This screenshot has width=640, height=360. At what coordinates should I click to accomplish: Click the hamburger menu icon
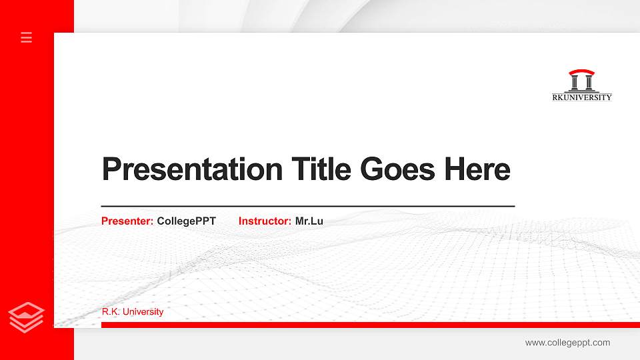(27, 37)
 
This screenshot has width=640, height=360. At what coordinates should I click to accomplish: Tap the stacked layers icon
(27, 317)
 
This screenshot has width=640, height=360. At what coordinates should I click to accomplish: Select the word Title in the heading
(321, 169)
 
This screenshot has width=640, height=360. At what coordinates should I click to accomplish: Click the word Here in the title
(477, 169)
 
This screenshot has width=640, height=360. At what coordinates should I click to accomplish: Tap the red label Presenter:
(127, 221)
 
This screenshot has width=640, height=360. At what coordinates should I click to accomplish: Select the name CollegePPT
(187, 221)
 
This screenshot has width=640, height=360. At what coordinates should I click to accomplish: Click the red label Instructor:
(265, 221)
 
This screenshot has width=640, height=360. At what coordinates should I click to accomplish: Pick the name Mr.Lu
(309, 221)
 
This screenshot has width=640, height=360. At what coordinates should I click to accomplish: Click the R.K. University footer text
(133, 312)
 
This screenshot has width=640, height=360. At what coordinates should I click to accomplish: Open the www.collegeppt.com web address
(567, 343)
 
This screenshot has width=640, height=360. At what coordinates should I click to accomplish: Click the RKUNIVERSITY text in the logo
(582, 97)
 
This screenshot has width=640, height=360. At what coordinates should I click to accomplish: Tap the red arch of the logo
(581, 72)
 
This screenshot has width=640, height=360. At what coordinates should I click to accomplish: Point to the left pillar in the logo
(575, 83)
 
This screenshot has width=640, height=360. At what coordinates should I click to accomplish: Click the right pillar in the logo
(588, 83)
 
